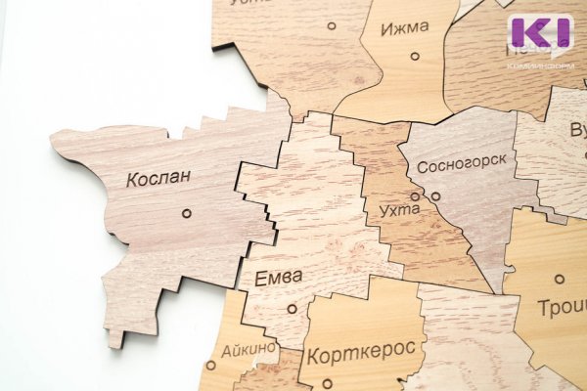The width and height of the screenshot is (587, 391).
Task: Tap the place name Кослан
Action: click(x=158, y=179)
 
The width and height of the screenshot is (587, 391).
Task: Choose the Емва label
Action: click(x=278, y=278)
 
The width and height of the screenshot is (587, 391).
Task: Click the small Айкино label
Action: click(x=248, y=348)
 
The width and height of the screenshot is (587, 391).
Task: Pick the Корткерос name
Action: click(x=361, y=350)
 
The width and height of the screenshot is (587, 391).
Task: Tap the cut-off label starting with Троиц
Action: click(x=562, y=308)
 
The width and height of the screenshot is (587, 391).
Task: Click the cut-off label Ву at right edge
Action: click(x=577, y=130)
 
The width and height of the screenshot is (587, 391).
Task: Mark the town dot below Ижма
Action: click(x=415, y=56)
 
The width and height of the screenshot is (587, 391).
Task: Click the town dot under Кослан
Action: click(x=187, y=213)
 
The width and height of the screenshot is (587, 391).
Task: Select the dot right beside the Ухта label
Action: click(x=415, y=196)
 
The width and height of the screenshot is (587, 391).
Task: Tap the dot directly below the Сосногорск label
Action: click(x=435, y=196)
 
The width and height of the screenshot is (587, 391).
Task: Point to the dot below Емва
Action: click(x=292, y=309)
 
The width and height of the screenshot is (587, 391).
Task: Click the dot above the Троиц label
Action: click(x=560, y=279)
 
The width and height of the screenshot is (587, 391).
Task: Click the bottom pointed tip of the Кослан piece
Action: click(x=115, y=344)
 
